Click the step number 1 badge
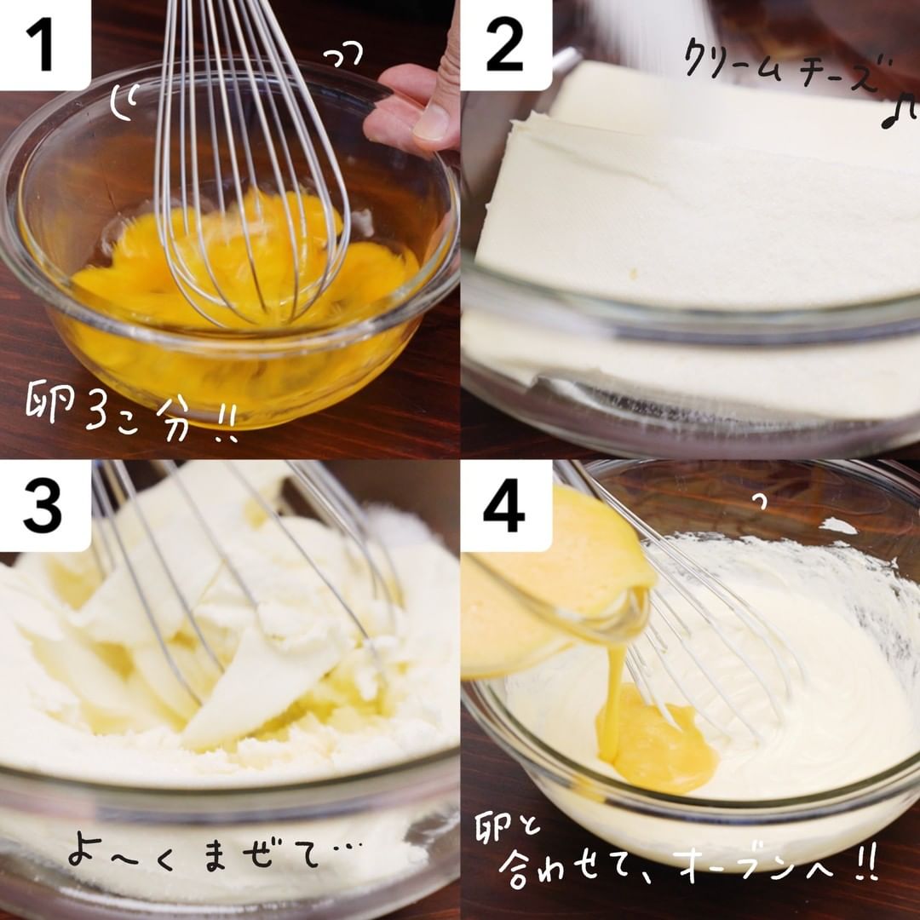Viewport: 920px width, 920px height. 45,44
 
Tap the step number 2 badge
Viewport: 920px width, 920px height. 506,44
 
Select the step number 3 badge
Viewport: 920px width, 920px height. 45,506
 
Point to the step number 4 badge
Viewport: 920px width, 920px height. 506,506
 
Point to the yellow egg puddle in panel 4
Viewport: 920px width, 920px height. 657,742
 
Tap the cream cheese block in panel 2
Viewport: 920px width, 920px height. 699,193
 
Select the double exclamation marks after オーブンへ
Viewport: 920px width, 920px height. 862,862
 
